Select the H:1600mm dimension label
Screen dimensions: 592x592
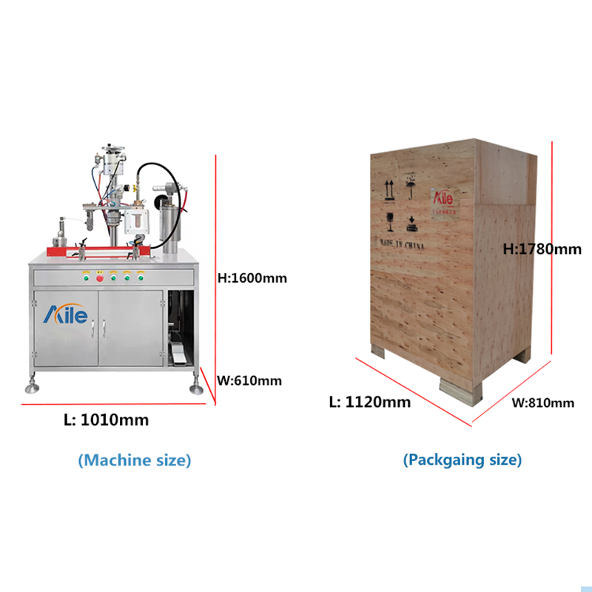tap(252, 279)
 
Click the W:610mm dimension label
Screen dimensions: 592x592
tap(249, 381)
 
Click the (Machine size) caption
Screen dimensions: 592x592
tap(135, 460)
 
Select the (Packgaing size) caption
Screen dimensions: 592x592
tap(462, 460)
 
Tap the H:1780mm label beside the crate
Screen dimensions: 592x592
tap(542, 249)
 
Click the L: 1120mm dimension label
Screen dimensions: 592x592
tap(370, 403)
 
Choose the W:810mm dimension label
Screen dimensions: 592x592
tap(543, 403)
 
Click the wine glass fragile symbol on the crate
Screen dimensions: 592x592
tap(389, 220)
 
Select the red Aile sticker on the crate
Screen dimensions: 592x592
tap(446, 201)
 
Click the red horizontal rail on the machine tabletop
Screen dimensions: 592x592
tap(104, 251)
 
